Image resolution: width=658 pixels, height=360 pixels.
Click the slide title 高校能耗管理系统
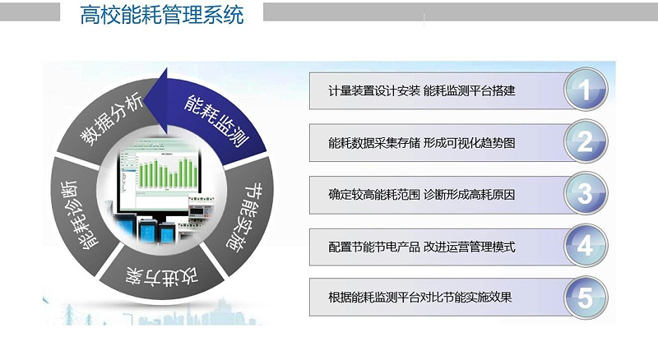[162, 16]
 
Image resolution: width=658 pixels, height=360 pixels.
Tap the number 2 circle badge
[585, 142]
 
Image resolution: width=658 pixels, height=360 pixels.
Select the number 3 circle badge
[585, 195]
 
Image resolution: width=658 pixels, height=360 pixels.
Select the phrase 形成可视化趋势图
[469, 143]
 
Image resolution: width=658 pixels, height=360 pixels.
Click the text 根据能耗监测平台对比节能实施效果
[419, 298]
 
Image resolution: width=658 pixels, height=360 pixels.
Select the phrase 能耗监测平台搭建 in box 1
[470, 90]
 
